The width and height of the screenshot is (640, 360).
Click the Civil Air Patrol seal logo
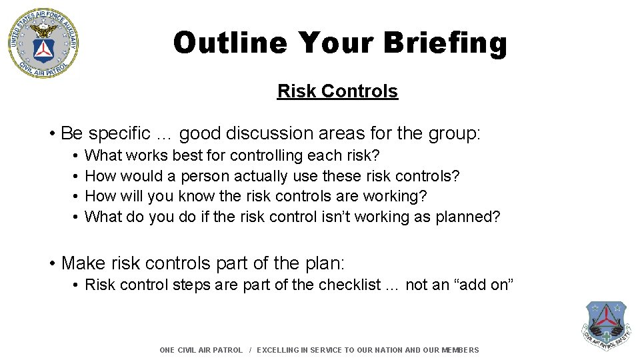tap(43, 43)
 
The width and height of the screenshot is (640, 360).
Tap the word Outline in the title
tap(230, 43)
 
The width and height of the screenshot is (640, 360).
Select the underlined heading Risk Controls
tap(337, 91)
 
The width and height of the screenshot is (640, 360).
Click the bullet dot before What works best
tap(77, 156)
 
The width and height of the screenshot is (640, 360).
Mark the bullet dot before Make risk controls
tap(52, 263)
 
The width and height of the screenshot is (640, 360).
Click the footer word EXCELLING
tap(279, 350)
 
